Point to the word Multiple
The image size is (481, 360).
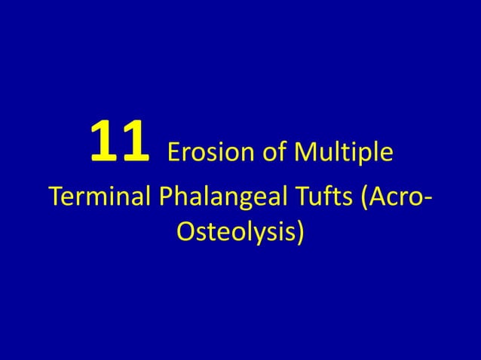pos(345,153)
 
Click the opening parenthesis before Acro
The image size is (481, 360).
pos(366,199)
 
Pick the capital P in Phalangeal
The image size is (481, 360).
pos(166,197)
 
